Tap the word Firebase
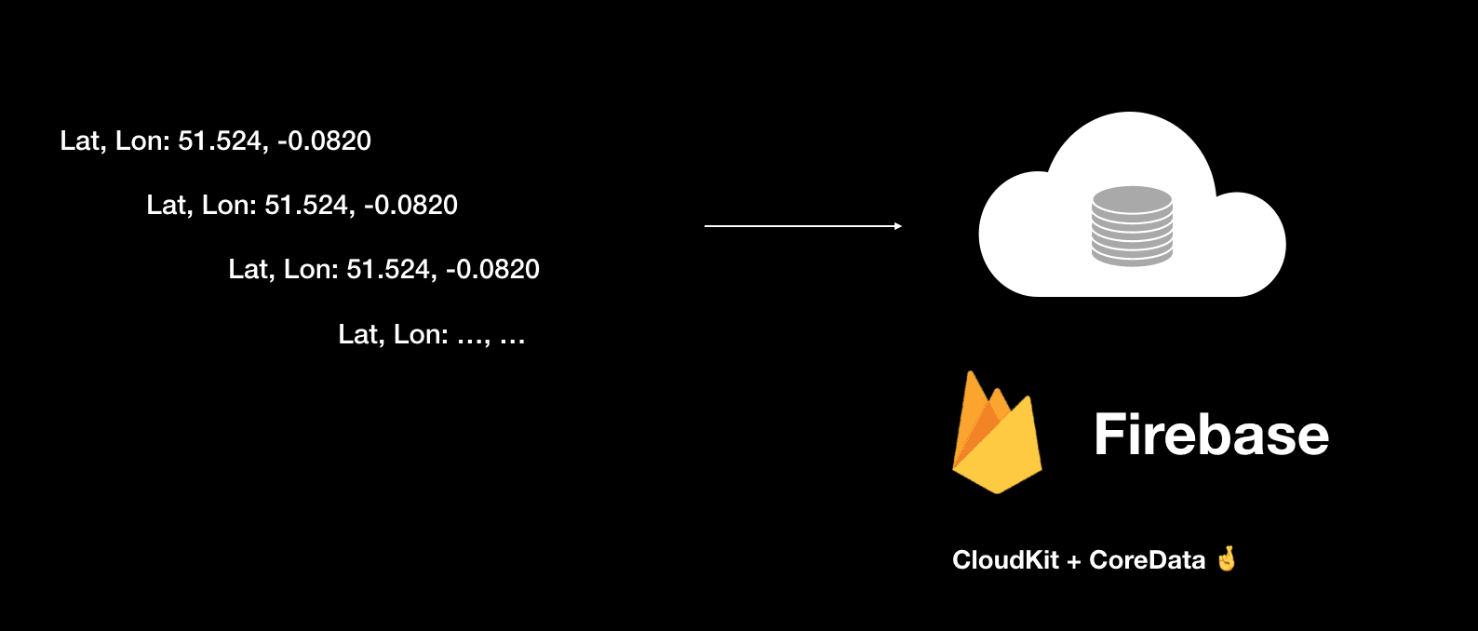1211,435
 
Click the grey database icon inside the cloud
1132,226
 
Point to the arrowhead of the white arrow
897,226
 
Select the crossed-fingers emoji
1227,558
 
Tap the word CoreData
1147,560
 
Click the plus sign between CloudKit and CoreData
1074,561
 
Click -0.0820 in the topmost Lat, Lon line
324,141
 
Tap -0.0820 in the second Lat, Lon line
410,206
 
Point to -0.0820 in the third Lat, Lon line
492,270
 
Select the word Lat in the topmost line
80,141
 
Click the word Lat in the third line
249,270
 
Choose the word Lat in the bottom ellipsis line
358,335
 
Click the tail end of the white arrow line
707,226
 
